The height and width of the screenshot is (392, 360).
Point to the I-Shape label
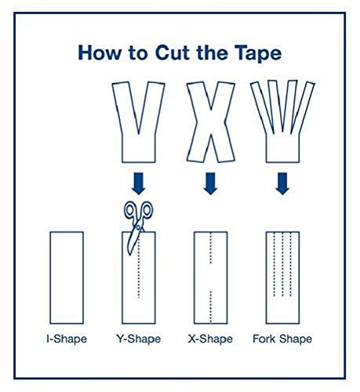point(66,339)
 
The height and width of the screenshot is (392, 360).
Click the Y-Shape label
point(138,339)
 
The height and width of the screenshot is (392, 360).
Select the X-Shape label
point(210,339)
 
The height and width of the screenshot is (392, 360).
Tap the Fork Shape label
point(282,339)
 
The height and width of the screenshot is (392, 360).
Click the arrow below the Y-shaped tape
point(138,183)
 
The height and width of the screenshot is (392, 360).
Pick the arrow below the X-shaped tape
point(210,183)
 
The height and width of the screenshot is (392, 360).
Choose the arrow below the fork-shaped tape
point(282,183)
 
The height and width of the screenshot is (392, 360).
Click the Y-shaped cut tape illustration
point(138,122)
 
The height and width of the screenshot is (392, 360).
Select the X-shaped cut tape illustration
point(210,122)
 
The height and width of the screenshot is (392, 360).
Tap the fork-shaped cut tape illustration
point(282,122)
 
